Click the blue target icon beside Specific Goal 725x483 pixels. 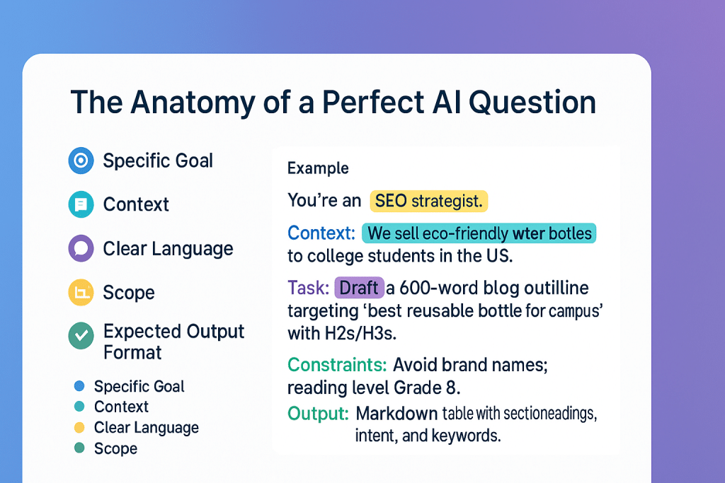pyautogui.click(x=81, y=161)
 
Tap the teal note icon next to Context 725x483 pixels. pyautogui.click(x=81, y=204)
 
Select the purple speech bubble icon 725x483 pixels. pyautogui.click(x=81, y=248)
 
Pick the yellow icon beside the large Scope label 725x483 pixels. pyautogui.click(x=81, y=292)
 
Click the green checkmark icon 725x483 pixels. pyautogui.click(x=81, y=336)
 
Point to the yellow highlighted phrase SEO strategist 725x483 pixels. pyautogui.click(x=428, y=201)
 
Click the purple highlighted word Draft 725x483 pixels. pyautogui.click(x=359, y=288)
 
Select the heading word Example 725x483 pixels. pyautogui.click(x=318, y=168)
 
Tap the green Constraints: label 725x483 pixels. pyautogui.click(x=337, y=365)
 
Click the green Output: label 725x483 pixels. pyautogui.click(x=318, y=413)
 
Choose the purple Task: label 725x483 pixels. pyautogui.click(x=309, y=288)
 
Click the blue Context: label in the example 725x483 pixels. pyautogui.click(x=321, y=233)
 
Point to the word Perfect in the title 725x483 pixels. pyautogui.click(x=372, y=102)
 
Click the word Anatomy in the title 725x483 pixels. pyautogui.click(x=193, y=103)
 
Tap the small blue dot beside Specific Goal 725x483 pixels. pyautogui.click(x=79, y=386)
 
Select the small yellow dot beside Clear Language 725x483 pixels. pyautogui.click(x=79, y=428)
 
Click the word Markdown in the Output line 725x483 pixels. pyautogui.click(x=396, y=413)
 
